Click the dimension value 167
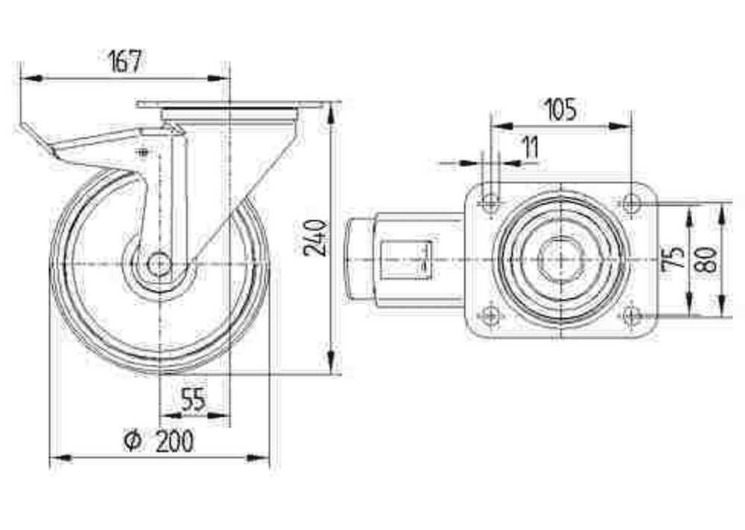pos(124,61)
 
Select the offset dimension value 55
pos(193,400)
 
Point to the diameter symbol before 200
pos(132,441)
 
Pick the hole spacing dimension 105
pos(560,110)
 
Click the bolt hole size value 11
pos(530,148)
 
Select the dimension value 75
pos(673,256)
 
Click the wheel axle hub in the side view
pos(159,263)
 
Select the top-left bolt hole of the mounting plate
pos(490,201)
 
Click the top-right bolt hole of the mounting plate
pos(631,201)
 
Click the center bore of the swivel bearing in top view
pos(559,258)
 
